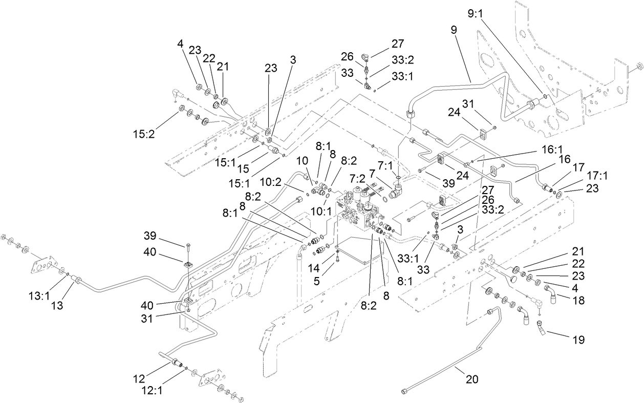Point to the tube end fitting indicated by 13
76,281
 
